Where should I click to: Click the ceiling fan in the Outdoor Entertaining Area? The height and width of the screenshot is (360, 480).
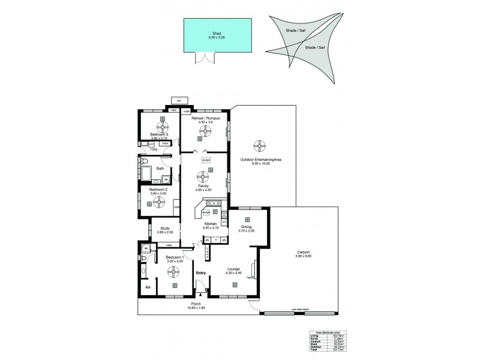259,146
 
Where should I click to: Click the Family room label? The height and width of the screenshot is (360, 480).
203,186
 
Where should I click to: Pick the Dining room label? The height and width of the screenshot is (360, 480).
245,227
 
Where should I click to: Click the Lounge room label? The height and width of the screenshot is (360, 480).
234,269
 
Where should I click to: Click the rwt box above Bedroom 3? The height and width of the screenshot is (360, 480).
179,100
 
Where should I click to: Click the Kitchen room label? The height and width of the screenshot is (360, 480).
209,224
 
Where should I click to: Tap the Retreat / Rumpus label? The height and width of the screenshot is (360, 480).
206,119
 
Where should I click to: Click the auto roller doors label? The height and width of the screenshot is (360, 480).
300,310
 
